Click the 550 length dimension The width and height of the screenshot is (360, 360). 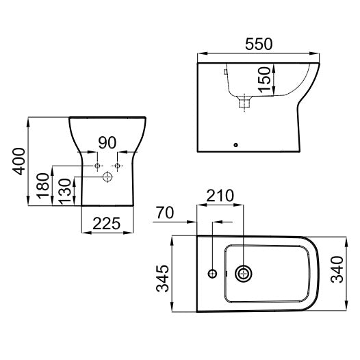(258, 44)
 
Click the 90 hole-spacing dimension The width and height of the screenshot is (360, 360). (107, 143)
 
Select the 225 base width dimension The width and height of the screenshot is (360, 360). (107, 223)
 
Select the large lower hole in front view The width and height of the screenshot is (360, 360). (107, 177)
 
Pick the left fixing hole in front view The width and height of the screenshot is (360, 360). (98, 166)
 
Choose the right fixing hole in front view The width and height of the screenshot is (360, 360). (118, 166)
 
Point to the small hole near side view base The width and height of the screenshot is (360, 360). (236, 144)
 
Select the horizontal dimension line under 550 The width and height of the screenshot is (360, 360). (258, 54)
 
